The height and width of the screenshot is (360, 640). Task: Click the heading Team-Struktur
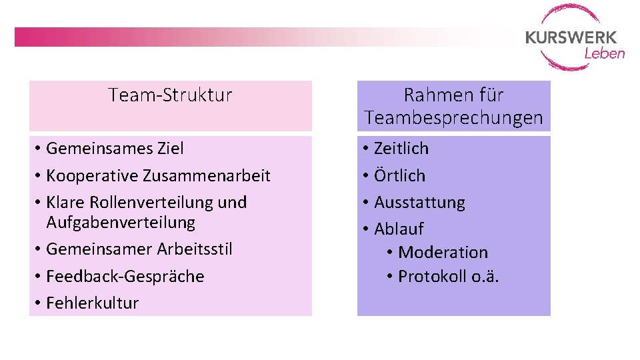170,95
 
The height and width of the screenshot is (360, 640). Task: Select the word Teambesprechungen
453,119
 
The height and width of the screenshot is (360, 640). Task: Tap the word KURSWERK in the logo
571,37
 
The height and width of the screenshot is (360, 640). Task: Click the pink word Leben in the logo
604,53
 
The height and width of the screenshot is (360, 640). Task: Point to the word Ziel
170,149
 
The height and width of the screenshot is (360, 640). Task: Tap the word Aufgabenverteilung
121,222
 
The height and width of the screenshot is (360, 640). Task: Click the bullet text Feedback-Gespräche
125,276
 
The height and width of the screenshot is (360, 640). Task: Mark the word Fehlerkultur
93,303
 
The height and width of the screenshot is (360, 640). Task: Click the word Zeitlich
401,149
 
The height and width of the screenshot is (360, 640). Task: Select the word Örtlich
399,175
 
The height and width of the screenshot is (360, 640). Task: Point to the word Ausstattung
419,202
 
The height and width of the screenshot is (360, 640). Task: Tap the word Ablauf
399,229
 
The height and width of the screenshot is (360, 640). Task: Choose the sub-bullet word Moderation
443,253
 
